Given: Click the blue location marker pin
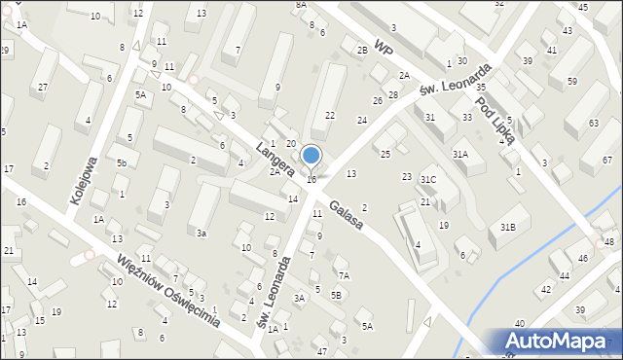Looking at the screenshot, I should (311, 156).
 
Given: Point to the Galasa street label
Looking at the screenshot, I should (346, 216).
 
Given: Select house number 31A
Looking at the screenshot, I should (460, 154).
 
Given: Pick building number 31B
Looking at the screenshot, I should (507, 226).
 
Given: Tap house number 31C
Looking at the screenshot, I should (428, 180).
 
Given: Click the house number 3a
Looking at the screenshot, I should (202, 234).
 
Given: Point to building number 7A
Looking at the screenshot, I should (344, 275).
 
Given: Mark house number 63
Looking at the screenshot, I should (594, 124).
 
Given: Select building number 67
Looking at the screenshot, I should (608, 160).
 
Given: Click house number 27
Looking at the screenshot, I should (42, 89).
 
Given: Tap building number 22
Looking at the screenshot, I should (330, 115).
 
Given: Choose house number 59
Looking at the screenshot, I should (571, 81).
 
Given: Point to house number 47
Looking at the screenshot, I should (322, 350).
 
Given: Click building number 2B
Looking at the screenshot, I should (362, 50).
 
